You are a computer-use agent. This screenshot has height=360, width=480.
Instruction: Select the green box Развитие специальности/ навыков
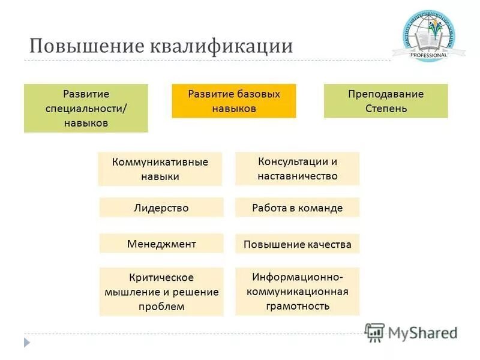(86, 108)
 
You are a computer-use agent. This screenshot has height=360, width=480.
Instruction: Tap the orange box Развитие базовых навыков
(234, 101)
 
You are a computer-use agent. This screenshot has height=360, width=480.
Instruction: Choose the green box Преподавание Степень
(386, 101)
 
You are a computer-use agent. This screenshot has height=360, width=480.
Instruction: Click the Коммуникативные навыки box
(160, 169)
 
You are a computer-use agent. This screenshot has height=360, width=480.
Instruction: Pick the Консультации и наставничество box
(297, 168)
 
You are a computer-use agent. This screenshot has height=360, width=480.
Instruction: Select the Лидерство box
(161, 208)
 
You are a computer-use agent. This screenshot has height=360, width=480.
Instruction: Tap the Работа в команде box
(297, 208)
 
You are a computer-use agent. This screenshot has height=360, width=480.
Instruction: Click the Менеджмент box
(161, 244)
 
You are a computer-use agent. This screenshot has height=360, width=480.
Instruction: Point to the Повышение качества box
(297, 244)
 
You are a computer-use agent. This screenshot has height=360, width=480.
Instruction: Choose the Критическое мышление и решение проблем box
(161, 292)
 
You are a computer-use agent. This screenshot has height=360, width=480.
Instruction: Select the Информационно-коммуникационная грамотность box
(297, 291)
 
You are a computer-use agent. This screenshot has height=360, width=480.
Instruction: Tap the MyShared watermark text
(423, 332)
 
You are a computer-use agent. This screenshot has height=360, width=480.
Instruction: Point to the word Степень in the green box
(386, 109)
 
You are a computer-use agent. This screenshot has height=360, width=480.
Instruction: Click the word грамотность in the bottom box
(298, 305)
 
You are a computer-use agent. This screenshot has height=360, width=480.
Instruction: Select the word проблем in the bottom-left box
(161, 307)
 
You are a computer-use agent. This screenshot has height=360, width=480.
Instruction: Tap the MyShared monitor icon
(374, 332)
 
